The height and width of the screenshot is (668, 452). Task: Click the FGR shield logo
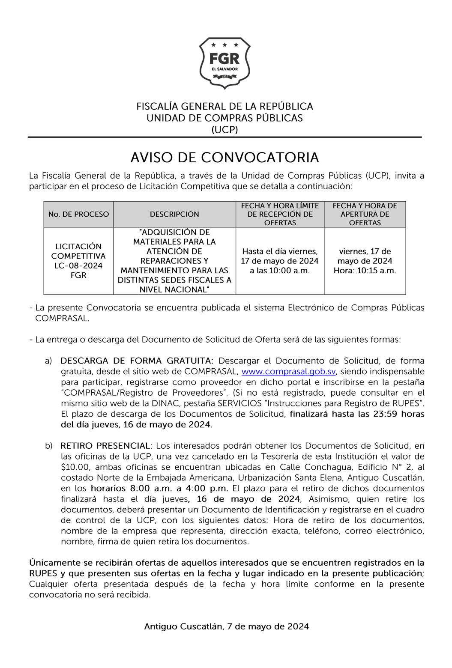[x=225, y=63]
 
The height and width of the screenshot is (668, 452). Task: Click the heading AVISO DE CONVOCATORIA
[x=225, y=158]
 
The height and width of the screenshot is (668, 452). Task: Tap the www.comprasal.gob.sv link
[x=288, y=372]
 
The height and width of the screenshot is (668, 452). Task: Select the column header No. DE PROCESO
[x=78, y=214]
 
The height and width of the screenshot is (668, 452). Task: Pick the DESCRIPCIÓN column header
[x=174, y=214]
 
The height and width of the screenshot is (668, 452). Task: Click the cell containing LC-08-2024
[x=78, y=265]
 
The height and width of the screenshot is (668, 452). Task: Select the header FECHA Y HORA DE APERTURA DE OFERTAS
[x=365, y=214]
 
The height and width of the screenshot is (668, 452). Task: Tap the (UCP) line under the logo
[x=225, y=130]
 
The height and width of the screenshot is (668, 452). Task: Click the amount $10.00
[x=75, y=467]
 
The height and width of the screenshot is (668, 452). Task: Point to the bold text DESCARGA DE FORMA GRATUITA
[x=136, y=361]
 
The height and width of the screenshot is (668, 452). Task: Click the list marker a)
[x=48, y=361]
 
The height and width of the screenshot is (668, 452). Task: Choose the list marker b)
[x=48, y=446]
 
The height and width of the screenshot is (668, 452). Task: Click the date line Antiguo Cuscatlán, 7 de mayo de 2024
[x=226, y=626]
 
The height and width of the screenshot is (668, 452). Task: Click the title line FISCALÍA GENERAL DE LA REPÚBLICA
[x=225, y=106]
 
